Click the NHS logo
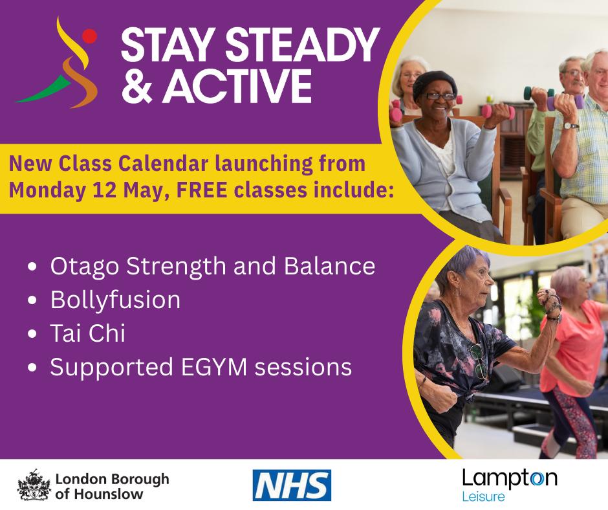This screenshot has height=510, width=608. click(292, 485)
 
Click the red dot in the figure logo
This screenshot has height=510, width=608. click(89, 36)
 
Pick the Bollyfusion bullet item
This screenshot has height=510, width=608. click(115, 300)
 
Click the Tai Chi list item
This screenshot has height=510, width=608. click(87, 334)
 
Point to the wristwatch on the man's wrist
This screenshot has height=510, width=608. click(570, 126)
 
